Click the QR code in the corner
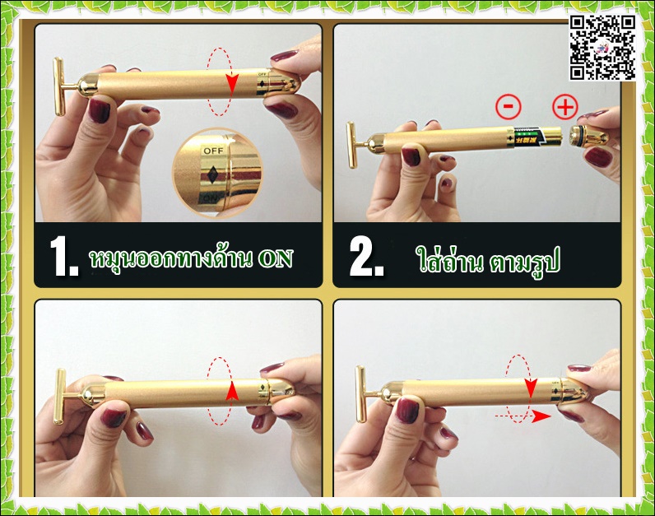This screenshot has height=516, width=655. point(603,48)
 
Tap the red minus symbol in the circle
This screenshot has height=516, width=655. point(509,106)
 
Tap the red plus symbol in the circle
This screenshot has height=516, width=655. point(565,107)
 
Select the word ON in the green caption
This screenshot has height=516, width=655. point(276,258)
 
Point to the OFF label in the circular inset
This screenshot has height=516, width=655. point(213,151)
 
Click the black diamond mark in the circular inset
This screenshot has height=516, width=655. point(211,174)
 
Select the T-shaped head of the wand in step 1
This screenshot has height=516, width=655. point(60,86)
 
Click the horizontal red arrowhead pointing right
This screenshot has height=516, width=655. point(542,416)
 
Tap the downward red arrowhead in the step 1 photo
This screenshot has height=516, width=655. point(232,84)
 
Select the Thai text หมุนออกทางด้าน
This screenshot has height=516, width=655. point(171,258)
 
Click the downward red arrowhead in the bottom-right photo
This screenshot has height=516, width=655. point(531,389)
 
